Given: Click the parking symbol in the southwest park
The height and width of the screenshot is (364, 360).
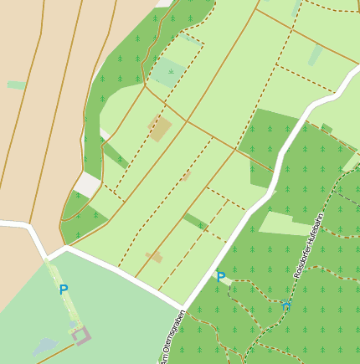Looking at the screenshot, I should (x=64, y=290).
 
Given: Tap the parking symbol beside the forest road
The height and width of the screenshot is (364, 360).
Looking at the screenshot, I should (x=221, y=277).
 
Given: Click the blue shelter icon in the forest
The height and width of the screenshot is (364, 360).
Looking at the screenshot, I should (x=286, y=306).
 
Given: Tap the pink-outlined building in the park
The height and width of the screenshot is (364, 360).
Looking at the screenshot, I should (x=81, y=335).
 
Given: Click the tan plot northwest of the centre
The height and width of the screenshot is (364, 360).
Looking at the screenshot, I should (x=160, y=128).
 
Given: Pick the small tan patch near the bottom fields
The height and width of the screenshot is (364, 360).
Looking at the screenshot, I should (x=154, y=257).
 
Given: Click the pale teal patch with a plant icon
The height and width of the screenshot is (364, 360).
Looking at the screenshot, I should (x=168, y=72).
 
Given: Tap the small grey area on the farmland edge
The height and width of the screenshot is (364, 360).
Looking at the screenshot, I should (x=87, y=184).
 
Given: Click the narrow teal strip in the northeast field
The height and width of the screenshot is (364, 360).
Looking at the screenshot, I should (x=315, y=56).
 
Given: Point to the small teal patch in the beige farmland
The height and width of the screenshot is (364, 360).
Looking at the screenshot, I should (x=16, y=85).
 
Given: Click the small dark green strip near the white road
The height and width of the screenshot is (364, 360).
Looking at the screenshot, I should (x=195, y=221).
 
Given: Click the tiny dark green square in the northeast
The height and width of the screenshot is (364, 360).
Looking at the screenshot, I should (x=327, y=128).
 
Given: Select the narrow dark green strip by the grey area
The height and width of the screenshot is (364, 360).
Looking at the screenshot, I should (x=114, y=155).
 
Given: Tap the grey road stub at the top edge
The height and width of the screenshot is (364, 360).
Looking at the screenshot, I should (x=162, y=3).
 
